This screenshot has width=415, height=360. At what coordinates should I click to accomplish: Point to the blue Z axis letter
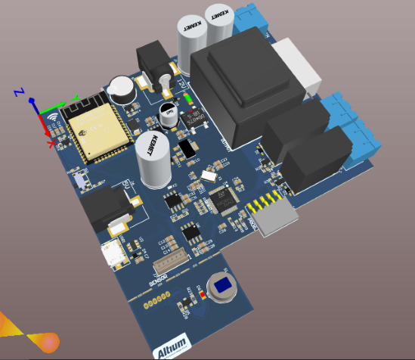pyautogui.click(x=20, y=92)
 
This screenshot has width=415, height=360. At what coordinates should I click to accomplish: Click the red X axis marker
pyautogui.click(x=51, y=143)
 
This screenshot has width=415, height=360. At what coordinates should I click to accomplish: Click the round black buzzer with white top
pyautogui.click(x=120, y=89)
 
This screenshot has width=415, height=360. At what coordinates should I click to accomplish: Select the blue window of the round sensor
pyautogui.click(x=224, y=285)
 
